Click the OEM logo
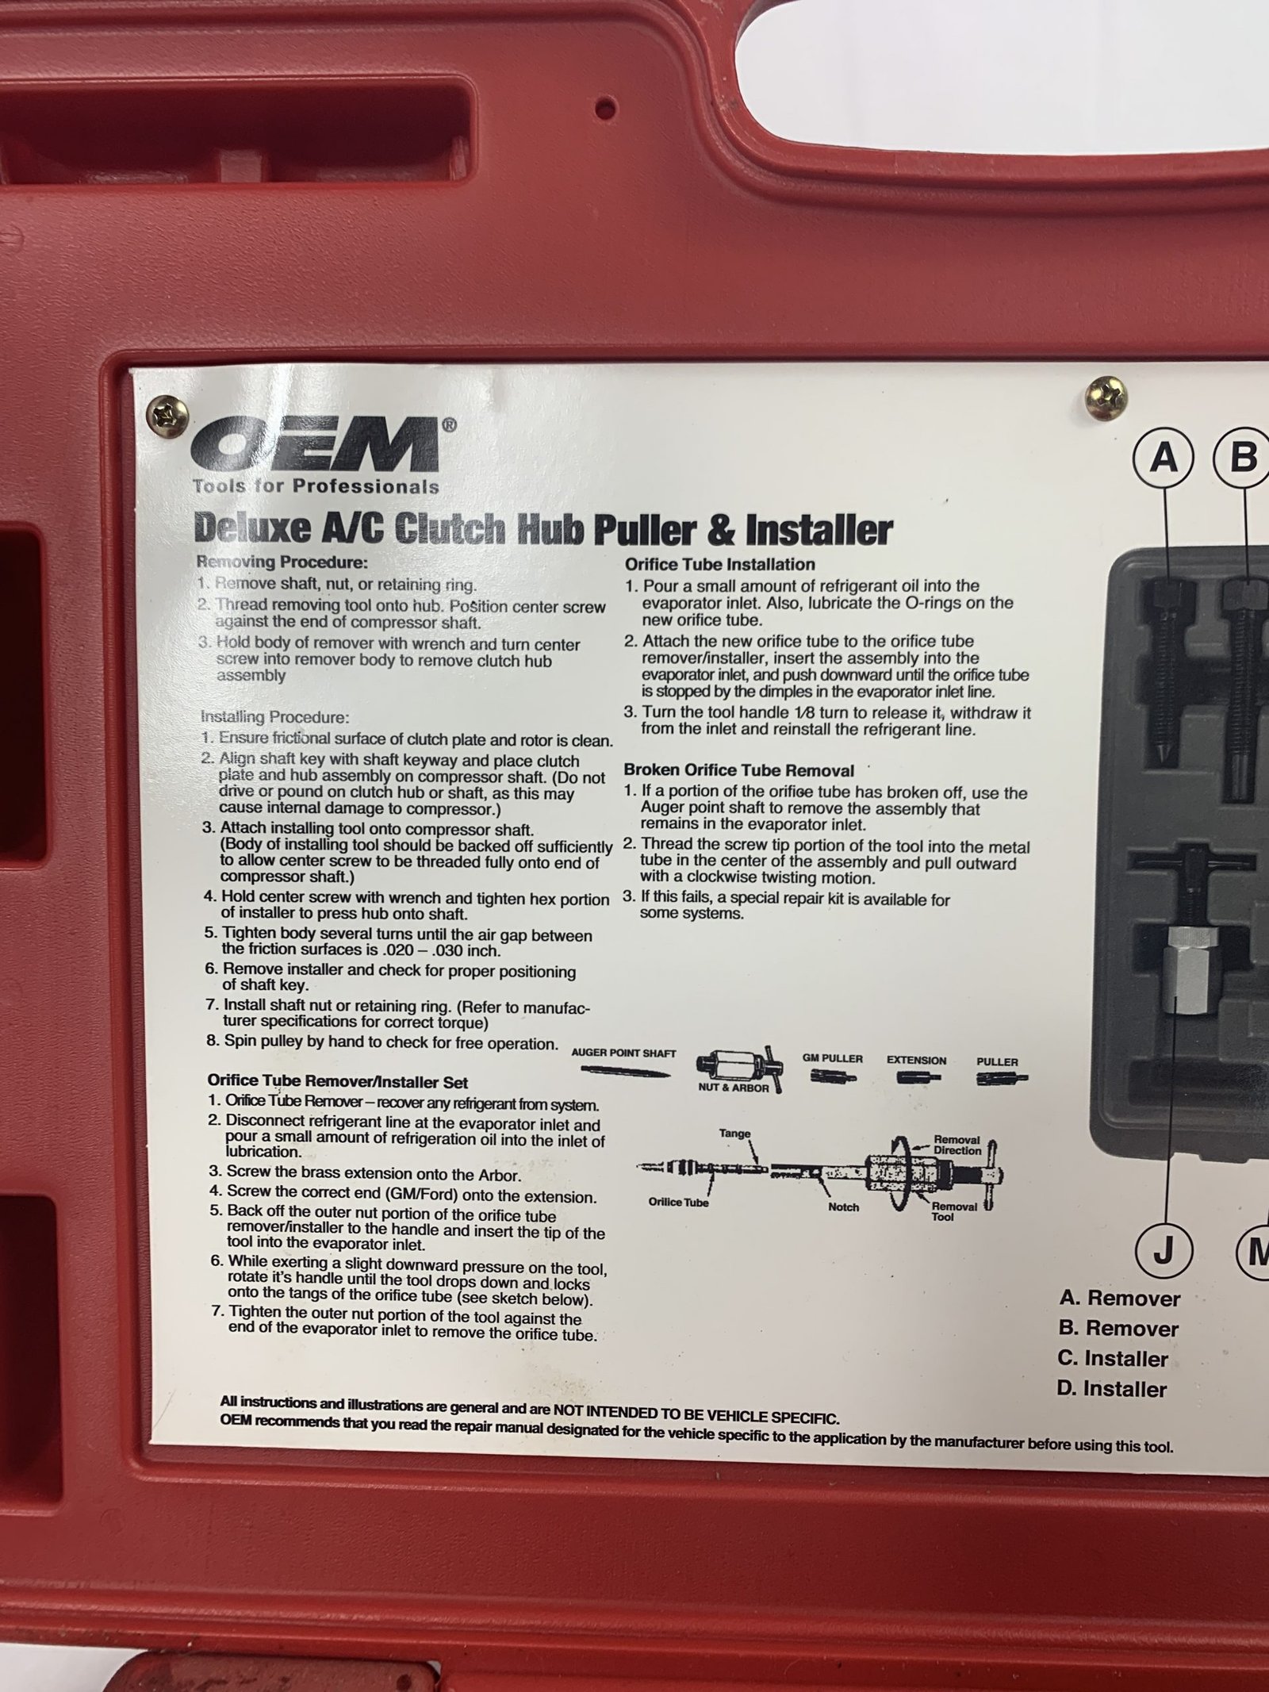coord(317,446)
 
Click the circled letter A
coord(1164,458)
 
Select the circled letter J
coord(1162,1253)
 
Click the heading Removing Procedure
coord(282,562)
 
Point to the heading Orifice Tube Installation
coord(719,565)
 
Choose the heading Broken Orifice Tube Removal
coord(738,770)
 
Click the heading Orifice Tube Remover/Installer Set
coord(337,1081)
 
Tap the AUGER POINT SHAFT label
coord(623,1053)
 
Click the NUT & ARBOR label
coord(733,1088)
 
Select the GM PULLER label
coord(832,1058)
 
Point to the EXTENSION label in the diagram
coord(916,1060)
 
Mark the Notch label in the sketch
coord(843,1207)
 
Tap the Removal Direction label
coord(957,1145)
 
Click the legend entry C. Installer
coord(1112,1359)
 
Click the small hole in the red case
coord(607,104)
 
